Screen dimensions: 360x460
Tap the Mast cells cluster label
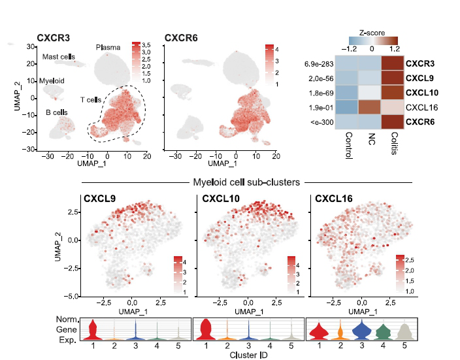point(59,57)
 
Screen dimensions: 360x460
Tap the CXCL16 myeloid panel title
point(333,198)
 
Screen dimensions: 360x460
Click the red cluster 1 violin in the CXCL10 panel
point(208,330)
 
